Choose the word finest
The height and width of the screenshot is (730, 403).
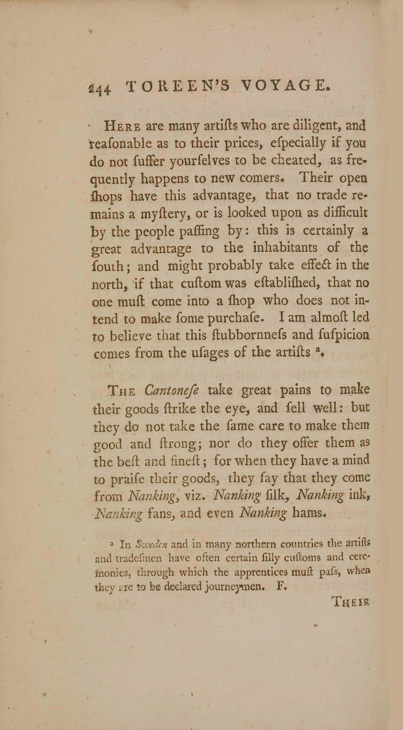190,461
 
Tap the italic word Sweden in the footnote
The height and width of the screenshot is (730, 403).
152,545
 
